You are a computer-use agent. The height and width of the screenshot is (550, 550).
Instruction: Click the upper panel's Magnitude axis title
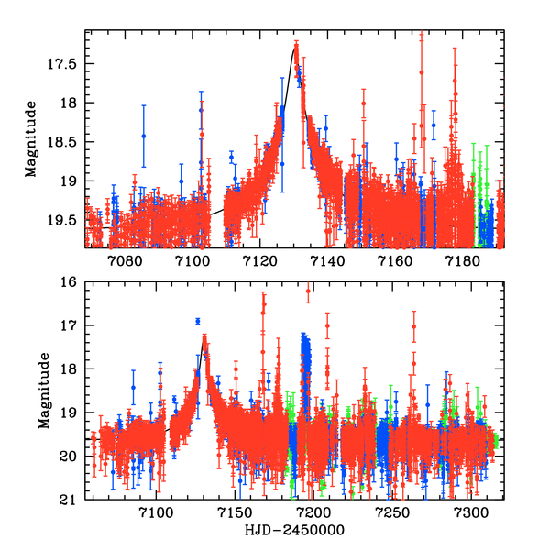click(31, 138)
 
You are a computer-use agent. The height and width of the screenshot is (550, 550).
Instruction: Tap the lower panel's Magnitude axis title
click(44, 391)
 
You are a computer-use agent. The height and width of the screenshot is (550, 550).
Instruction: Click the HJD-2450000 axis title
click(295, 531)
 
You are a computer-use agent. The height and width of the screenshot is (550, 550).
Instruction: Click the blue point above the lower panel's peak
click(197, 321)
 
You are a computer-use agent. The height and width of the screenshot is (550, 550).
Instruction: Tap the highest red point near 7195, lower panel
click(308, 291)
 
